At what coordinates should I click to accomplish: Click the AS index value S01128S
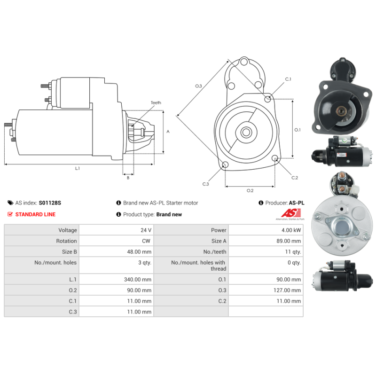tap(50, 203)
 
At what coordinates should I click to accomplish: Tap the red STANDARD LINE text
tap(35, 214)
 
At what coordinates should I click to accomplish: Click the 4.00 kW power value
tap(291, 230)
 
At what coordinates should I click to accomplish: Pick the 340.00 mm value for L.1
tap(138, 279)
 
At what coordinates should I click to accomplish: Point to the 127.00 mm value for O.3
tap(287, 290)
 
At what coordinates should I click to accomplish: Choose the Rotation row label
tap(66, 241)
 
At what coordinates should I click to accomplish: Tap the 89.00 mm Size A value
tap(289, 241)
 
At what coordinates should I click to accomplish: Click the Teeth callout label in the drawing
tap(156, 102)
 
